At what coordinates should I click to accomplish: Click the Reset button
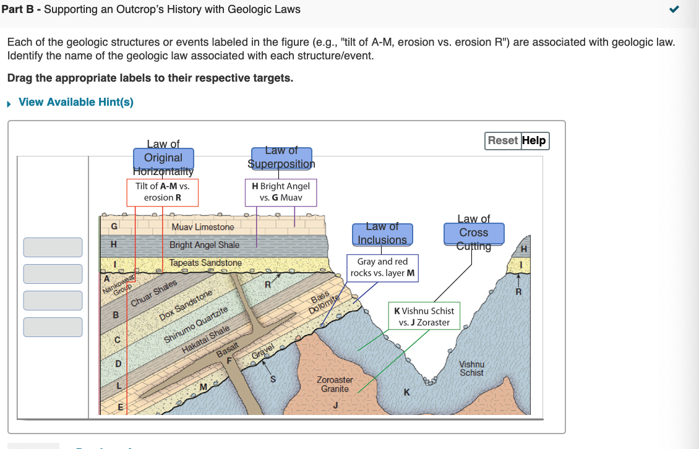click(503, 140)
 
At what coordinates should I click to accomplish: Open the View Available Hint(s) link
click(76, 102)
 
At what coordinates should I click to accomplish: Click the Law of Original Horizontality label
click(163, 158)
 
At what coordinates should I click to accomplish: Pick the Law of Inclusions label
click(382, 234)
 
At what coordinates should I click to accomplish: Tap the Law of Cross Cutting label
click(474, 233)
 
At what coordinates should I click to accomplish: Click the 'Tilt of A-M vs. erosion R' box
click(163, 192)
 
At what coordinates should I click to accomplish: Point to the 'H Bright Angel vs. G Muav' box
click(281, 192)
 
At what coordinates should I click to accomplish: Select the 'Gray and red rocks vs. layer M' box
click(382, 267)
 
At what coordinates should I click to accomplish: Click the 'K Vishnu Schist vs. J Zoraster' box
click(424, 316)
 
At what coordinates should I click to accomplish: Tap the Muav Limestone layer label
click(203, 227)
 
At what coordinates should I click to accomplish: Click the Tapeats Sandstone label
click(206, 263)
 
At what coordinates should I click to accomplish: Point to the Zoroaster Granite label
click(335, 384)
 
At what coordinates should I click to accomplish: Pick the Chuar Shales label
click(155, 294)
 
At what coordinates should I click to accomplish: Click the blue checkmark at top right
click(674, 9)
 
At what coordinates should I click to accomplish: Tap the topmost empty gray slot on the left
click(53, 247)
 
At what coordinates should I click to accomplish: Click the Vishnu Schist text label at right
click(472, 369)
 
